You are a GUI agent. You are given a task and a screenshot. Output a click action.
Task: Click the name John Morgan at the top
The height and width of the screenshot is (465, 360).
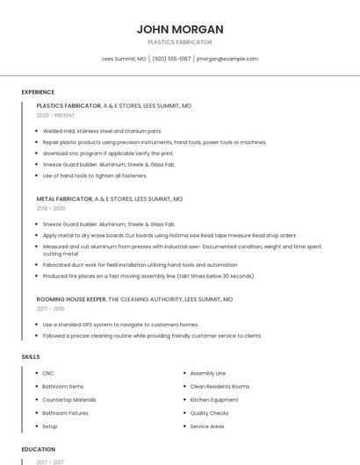coord(179,29)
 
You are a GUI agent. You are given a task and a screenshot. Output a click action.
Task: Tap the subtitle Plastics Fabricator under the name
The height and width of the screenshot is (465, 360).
coord(179,42)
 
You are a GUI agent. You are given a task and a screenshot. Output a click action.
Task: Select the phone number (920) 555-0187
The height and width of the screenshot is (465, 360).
coord(171,59)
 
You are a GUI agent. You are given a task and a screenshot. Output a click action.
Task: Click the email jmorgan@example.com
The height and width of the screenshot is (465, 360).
coord(227,59)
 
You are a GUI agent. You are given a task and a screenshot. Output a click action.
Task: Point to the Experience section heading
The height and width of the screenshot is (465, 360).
coord(38,92)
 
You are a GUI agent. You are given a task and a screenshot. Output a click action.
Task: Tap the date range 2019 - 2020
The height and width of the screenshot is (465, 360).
coord(51,209)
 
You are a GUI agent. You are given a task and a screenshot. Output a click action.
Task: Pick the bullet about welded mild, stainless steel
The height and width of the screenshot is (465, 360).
coord(102,131)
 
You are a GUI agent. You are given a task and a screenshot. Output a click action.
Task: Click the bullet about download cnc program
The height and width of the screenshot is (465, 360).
coord(114,154)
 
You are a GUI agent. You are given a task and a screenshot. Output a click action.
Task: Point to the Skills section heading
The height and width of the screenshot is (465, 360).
coord(31,357)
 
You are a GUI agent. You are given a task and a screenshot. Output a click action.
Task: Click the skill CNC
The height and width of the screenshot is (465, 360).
coord(48,373)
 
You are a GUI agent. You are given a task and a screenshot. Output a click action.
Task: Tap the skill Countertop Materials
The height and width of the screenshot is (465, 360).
coord(69,399)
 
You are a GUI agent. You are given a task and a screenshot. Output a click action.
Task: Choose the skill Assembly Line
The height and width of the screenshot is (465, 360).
coord(208,373)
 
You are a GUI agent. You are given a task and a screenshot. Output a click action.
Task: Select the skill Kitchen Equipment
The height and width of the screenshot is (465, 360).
coord(214,399)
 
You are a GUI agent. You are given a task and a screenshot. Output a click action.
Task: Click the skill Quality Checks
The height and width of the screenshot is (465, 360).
coord(210,412)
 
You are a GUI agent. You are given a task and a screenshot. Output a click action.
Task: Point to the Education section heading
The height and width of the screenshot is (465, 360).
coord(39,449)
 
